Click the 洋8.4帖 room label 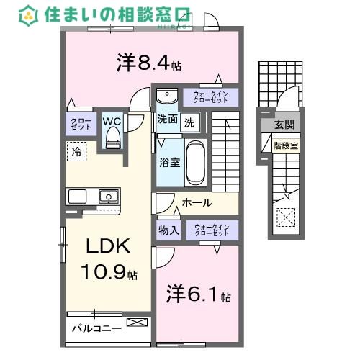point(148,63)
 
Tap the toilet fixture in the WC point(112,140)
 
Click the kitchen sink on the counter point(108,195)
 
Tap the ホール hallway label point(197,203)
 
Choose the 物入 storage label point(169,230)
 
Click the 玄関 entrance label point(284,125)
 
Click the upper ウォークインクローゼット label point(210,96)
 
